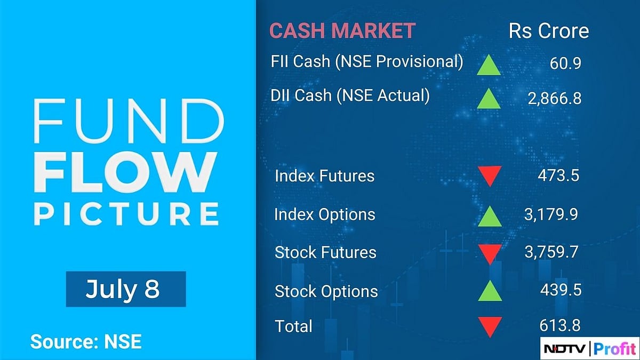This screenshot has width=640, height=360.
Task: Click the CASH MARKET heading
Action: point(342,30)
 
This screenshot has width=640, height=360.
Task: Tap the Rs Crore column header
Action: point(549,30)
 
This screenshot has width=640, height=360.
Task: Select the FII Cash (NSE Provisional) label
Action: point(367,61)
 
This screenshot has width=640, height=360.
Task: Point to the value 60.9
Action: point(565,63)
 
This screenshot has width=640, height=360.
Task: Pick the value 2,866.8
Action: point(555,98)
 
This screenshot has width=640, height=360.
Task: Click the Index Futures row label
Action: point(324,175)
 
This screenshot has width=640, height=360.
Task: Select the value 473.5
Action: point(558,175)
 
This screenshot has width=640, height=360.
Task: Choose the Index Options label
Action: point(325,214)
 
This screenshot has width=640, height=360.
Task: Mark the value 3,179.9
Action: point(552,214)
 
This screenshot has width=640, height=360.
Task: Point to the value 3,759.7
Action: point(552,252)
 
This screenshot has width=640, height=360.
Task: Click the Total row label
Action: point(293,325)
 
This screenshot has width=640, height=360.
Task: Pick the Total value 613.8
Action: point(558,324)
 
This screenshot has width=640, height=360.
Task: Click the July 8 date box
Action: point(126,289)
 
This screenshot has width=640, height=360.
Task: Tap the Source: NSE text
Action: point(86,341)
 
